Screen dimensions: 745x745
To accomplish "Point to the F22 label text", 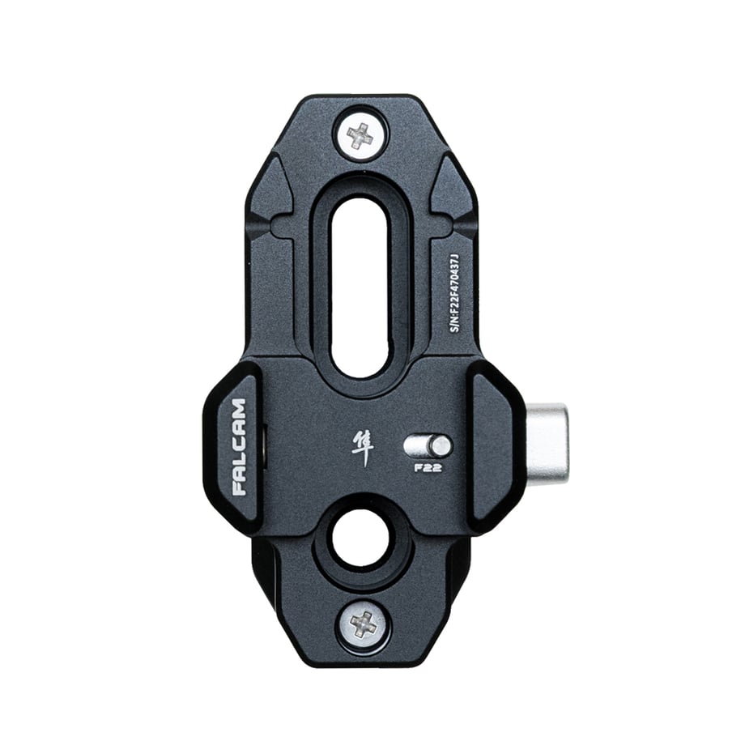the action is pos(428,467).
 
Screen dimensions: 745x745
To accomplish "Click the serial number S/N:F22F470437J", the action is pos(455,292).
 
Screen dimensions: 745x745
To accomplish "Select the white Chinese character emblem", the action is pos(362,448).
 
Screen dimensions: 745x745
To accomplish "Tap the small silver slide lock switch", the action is pos(427,445).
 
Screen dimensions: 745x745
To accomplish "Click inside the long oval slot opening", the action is pos(364,288).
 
